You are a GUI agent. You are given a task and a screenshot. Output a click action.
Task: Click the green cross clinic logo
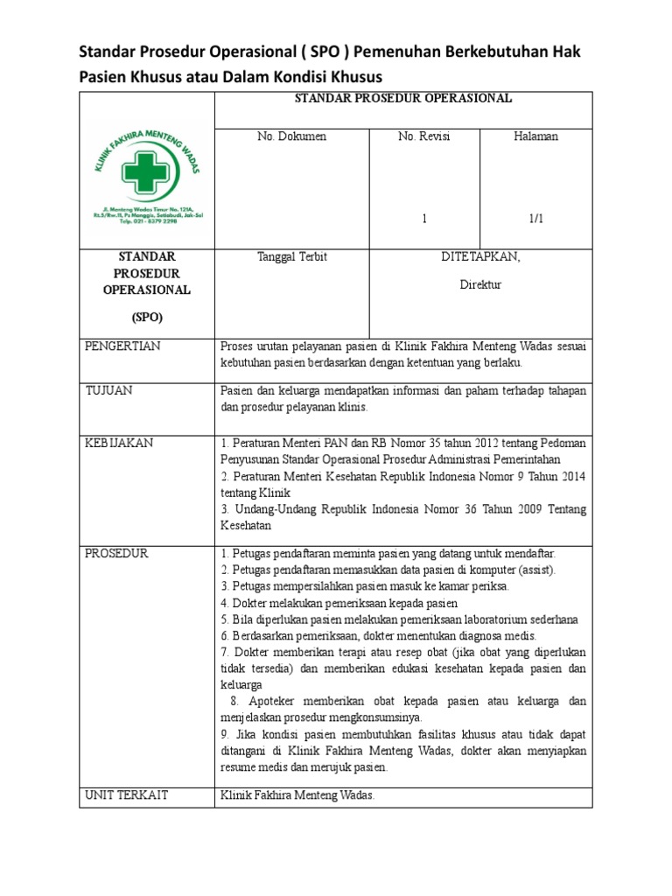click(146, 173)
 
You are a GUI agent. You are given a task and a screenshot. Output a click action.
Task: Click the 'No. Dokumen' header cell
click(291, 136)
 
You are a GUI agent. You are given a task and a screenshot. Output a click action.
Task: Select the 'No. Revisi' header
click(423, 136)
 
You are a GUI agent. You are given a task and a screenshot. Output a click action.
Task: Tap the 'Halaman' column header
click(536, 136)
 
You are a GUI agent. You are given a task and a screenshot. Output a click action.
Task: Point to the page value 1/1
click(535, 220)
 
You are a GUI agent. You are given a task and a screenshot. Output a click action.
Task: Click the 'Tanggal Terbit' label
click(291, 257)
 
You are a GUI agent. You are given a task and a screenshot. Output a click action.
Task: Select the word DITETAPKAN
click(480, 256)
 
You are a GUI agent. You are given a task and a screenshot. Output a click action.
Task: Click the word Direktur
click(480, 285)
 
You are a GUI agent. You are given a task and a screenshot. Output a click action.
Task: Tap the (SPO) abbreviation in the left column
click(146, 316)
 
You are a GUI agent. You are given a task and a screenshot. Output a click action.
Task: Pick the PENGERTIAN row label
click(122, 346)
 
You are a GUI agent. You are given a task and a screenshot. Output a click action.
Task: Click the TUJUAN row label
click(108, 391)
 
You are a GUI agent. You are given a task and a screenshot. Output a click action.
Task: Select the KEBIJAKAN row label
click(119, 443)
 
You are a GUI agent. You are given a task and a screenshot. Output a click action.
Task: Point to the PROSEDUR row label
click(116, 554)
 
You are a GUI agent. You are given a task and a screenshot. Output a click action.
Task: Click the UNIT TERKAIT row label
click(126, 794)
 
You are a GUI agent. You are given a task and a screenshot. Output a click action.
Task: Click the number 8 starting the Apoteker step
click(234, 702)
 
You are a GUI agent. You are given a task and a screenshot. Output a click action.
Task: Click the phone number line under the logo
click(146, 222)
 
